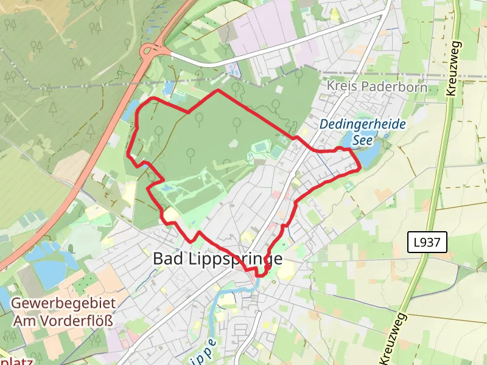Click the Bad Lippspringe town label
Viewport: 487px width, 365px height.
217,259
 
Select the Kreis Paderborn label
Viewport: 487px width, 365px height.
377,87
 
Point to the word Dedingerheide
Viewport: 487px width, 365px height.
363,124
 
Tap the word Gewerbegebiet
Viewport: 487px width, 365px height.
63,303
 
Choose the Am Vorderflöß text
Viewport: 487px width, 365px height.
63,319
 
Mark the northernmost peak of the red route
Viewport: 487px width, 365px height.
218,91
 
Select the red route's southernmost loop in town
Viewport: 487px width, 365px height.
261,273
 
